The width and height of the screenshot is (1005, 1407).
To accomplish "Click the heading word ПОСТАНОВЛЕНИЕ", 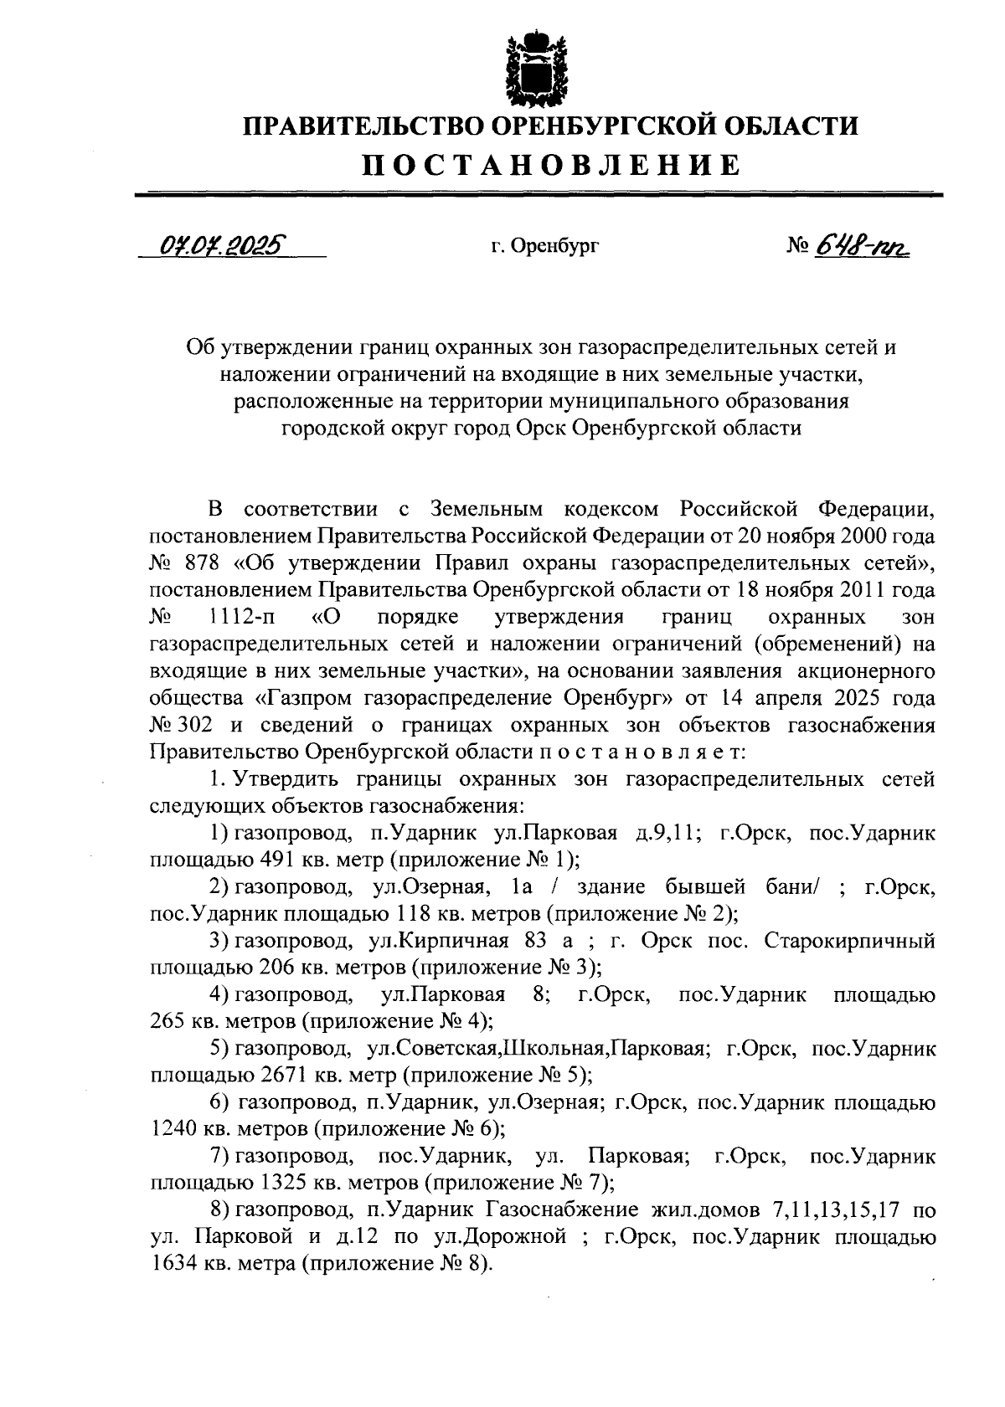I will [x=550, y=165].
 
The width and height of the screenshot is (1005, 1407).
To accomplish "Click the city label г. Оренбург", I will [x=545, y=247].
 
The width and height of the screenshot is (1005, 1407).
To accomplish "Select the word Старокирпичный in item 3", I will [x=850, y=941].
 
